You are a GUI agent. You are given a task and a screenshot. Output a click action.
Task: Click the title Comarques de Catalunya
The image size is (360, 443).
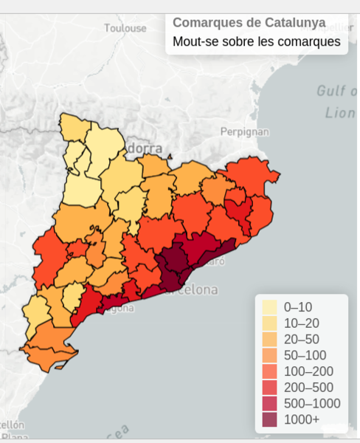(x=249, y=22)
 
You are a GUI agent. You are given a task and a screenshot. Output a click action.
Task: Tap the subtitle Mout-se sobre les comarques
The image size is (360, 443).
(x=257, y=41)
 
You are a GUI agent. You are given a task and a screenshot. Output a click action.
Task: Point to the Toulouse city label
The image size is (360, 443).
(x=125, y=28)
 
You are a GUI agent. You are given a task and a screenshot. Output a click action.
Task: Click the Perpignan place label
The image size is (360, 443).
(x=244, y=132)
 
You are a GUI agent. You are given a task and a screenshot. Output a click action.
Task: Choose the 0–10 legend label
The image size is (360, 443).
(x=298, y=306)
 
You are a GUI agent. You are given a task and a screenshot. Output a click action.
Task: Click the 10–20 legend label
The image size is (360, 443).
(x=301, y=323)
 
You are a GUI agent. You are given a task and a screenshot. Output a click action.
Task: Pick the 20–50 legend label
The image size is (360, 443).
(x=301, y=339)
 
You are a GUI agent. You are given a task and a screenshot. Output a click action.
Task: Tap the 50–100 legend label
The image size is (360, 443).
(x=304, y=355)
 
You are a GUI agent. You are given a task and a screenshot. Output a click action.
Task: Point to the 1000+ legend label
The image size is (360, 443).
(x=302, y=419)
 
